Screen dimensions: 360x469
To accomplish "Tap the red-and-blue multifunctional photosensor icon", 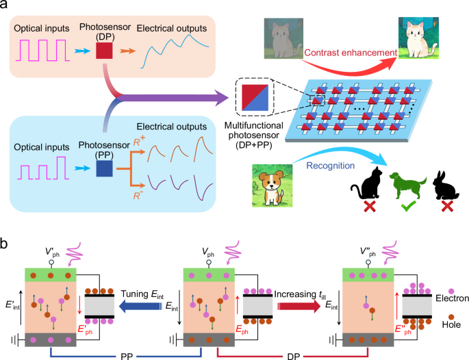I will click(255, 98).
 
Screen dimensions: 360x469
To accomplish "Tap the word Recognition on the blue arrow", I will click(331, 166).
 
